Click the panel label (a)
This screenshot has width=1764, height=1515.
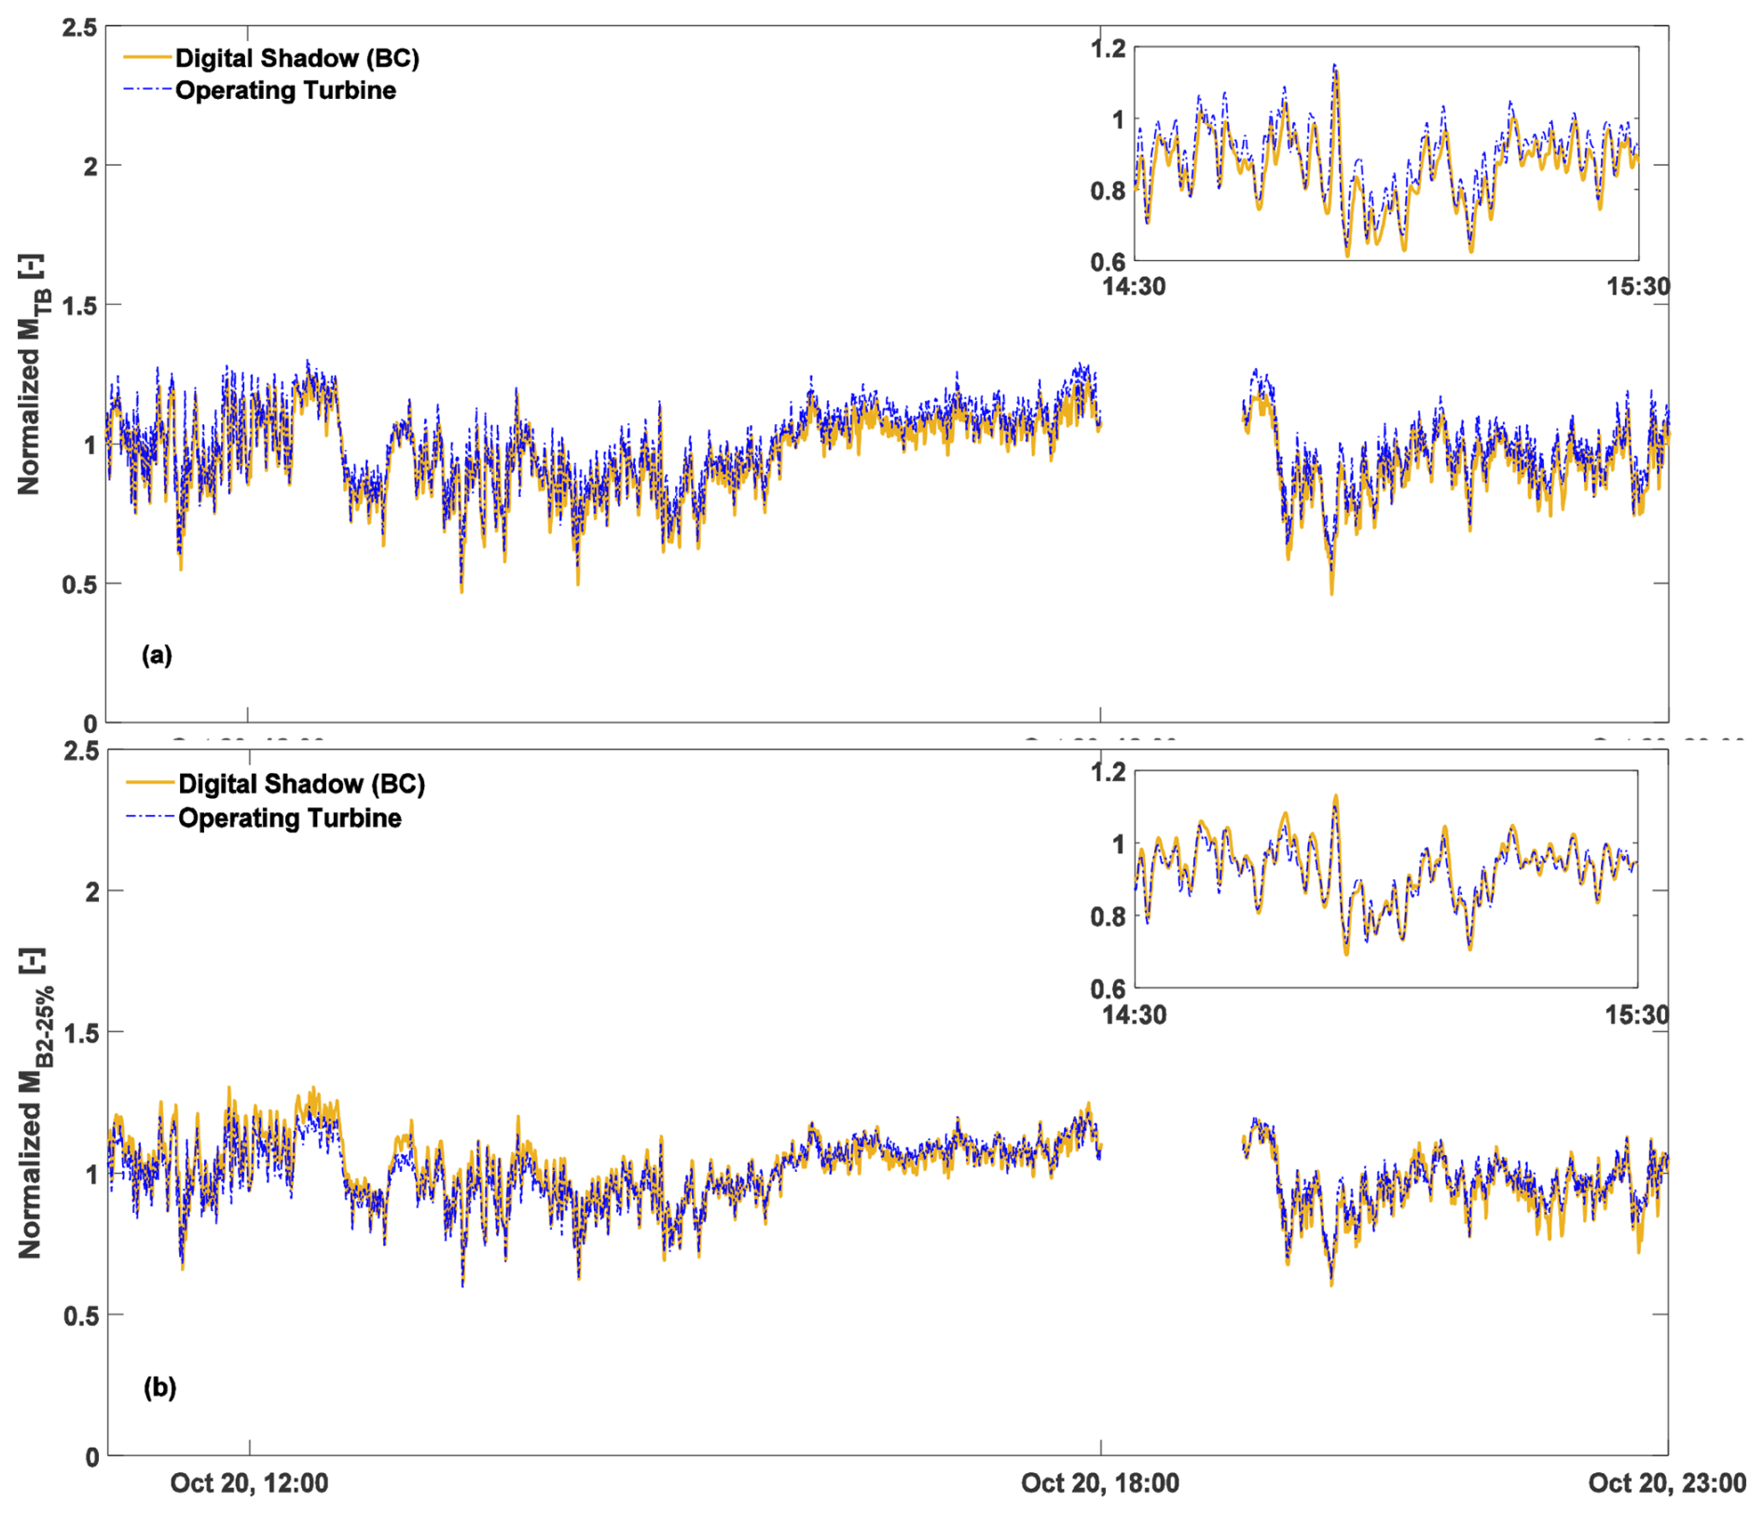157,654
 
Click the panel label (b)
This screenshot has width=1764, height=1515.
159,1387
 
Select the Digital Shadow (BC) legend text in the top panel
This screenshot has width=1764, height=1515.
297,58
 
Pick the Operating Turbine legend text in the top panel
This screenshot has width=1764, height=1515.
285,90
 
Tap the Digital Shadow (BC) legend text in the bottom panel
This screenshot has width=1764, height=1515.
301,783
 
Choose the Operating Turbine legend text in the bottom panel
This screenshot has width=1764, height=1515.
290,818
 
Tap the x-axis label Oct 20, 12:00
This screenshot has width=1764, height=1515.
249,1482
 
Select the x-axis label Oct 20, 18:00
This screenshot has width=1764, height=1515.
1100,1482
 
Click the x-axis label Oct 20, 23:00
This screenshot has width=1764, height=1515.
1667,1482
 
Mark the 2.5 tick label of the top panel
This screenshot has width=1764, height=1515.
79,28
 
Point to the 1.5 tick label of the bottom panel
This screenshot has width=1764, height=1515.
79,1032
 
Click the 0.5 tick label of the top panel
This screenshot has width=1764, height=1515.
79,585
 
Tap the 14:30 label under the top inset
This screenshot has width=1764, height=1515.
1134,286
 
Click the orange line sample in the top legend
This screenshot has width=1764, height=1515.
148,58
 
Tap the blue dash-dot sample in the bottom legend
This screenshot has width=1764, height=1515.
150,818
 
